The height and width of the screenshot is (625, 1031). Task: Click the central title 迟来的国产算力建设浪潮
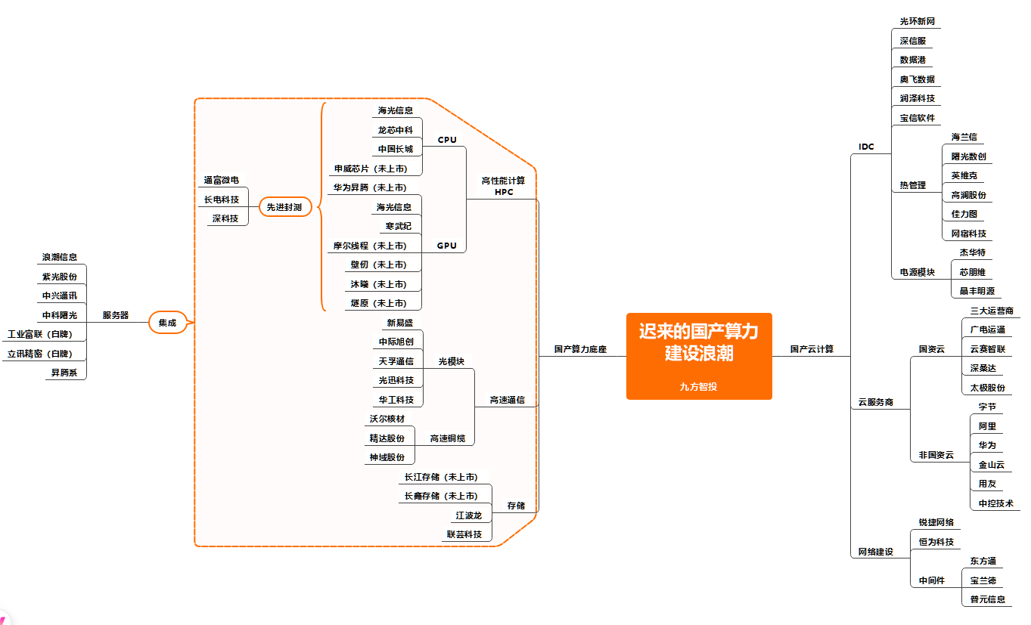[698, 342]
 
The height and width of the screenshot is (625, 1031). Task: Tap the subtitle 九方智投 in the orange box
[698, 386]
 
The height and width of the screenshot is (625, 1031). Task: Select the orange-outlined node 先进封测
[285, 207]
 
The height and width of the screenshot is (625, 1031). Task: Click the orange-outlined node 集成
[167, 323]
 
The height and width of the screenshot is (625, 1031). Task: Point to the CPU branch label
[447, 140]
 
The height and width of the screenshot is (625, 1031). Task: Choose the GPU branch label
[447, 246]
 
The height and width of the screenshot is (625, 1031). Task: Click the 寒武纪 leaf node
[399, 226]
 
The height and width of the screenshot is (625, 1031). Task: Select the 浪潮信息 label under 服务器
[60, 257]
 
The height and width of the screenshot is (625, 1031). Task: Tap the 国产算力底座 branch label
[580, 349]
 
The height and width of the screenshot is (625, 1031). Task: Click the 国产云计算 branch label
[812, 349]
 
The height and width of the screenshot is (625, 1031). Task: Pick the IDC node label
[866, 147]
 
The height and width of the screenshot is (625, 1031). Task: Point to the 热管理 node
[912, 185]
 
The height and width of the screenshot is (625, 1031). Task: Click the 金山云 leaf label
[992, 465]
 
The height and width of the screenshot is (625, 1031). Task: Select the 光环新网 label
[917, 21]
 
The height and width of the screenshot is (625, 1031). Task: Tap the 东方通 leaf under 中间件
[983, 561]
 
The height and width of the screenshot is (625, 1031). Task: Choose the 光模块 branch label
[452, 361]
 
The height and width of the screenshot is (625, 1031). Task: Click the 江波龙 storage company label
[468, 515]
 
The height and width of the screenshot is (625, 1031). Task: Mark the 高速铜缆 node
[448, 438]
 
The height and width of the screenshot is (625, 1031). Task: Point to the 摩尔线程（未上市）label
[370, 246]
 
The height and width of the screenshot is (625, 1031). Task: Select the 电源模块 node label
[918, 272]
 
